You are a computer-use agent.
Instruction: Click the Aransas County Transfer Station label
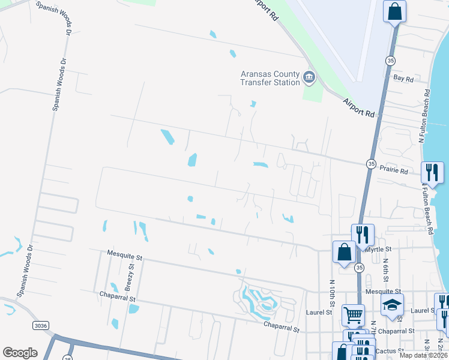click(x=270, y=77)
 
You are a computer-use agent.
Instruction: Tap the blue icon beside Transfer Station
click(x=309, y=77)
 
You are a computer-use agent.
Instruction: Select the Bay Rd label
click(x=403, y=79)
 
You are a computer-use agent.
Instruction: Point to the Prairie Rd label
click(x=396, y=172)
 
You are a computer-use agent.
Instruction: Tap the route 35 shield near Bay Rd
click(x=391, y=61)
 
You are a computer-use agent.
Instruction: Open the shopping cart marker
click(x=352, y=313)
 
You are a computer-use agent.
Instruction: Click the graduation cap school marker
click(x=392, y=304)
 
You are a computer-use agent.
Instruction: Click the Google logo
click(x=20, y=353)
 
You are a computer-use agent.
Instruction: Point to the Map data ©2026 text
click(x=423, y=355)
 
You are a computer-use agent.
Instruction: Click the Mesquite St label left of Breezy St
click(x=124, y=256)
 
